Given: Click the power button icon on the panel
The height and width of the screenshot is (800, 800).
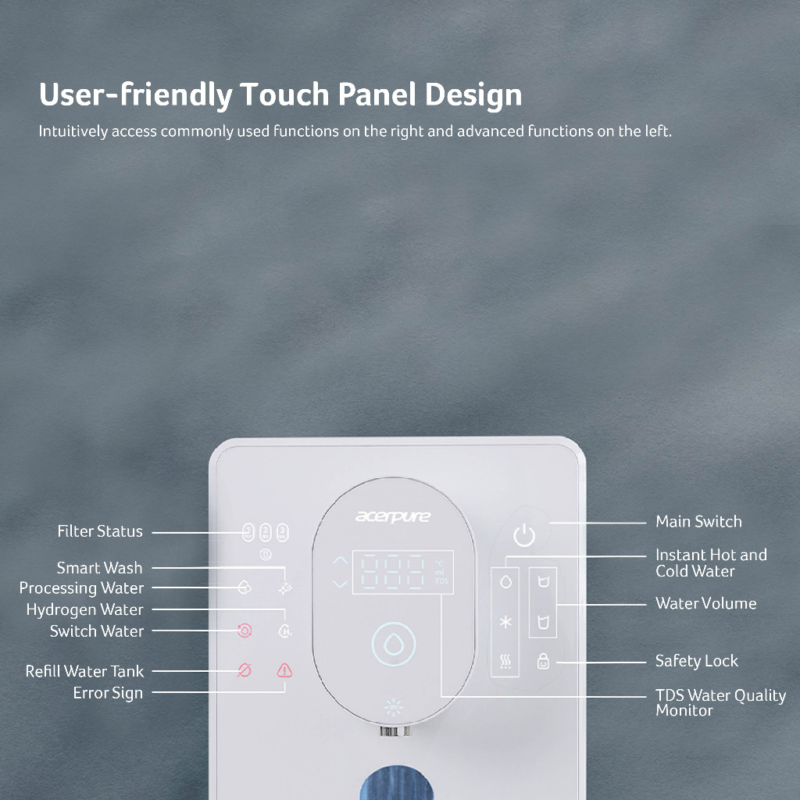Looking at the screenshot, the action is point(524,535).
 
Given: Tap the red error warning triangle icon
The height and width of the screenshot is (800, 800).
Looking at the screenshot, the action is point(284,670).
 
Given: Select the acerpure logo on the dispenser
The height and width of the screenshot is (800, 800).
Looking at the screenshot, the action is point(393,516).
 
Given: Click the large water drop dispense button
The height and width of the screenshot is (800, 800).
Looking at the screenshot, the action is point(394,644).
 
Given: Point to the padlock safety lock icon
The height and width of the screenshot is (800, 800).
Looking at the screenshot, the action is point(544,661).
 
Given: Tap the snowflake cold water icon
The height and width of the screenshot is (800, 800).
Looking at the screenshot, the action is point(505,622).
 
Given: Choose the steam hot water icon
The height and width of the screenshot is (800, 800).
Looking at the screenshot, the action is point(505,661).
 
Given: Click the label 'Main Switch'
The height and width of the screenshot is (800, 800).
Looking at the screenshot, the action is point(698,521).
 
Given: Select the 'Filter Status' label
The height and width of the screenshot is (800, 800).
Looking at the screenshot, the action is point(100,531).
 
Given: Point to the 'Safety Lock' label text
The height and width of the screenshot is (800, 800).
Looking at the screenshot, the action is point(696,661).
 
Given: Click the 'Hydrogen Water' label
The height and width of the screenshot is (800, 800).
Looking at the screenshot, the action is point(84,609).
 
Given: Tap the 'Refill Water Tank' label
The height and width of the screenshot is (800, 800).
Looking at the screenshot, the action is point(84,671).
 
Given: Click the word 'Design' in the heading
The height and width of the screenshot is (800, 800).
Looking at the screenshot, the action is point(473,95).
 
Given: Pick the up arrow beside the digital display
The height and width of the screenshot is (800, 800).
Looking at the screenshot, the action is point(341,561).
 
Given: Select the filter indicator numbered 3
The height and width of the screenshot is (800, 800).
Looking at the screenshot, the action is point(282,532).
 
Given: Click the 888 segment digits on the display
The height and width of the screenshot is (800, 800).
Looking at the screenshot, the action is point(393,572).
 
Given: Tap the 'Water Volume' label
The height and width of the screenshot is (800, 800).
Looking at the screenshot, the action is point(705,604).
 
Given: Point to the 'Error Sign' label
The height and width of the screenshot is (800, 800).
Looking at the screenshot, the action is point(108,694).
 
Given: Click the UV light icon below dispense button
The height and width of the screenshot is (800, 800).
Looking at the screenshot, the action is point(394,707).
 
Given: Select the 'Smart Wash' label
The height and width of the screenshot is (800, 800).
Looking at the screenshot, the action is point(99,568).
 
